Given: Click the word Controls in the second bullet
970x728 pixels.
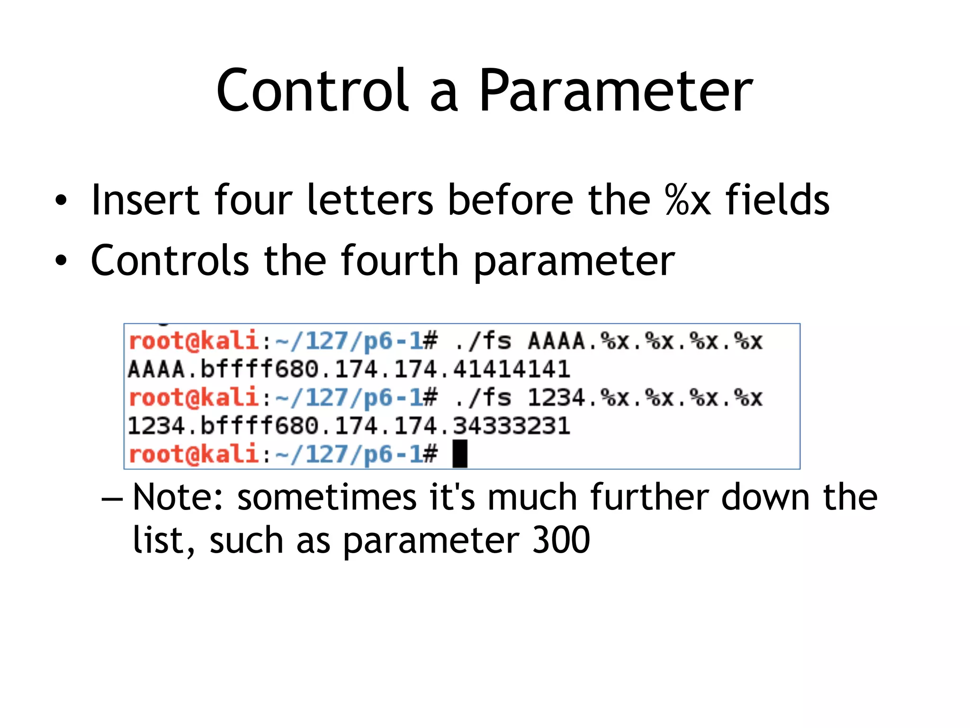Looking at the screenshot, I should coord(170,260).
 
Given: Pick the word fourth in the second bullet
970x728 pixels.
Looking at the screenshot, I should coord(399,260).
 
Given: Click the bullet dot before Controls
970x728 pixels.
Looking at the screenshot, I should coord(61,261).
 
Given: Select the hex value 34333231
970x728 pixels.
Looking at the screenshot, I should coord(512,426).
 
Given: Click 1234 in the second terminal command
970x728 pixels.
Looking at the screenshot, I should coord(557,398).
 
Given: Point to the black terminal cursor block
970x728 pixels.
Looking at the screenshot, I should coord(460,454).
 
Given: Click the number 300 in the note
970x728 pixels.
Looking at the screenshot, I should coord(561,540).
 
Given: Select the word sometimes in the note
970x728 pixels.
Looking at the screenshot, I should coord(327,497).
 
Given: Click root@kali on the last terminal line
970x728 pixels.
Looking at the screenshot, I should coord(193,454).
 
